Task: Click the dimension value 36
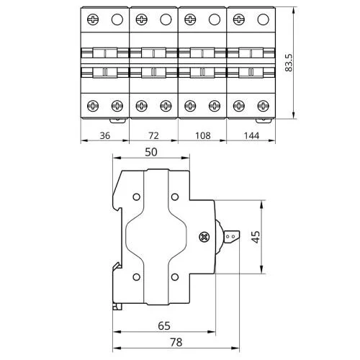point(105,135)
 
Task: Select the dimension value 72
point(153,135)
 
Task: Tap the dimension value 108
point(203,135)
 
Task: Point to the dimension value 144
point(251,135)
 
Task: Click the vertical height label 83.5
point(289,63)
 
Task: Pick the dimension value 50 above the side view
point(151,152)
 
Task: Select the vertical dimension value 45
point(256,237)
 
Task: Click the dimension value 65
point(164,325)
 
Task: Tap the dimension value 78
point(176,342)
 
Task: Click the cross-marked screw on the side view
point(204,237)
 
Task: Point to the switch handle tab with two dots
point(232,237)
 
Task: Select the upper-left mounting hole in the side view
point(136,197)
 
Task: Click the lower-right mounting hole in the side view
point(175,277)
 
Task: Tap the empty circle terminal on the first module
point(117,19)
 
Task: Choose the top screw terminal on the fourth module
point(239,19)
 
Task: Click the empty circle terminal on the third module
point(215,19)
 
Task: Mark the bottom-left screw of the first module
point(93,106)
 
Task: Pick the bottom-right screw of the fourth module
point(264,106)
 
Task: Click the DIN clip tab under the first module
point(117,120)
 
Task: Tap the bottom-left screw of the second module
point(142,106)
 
